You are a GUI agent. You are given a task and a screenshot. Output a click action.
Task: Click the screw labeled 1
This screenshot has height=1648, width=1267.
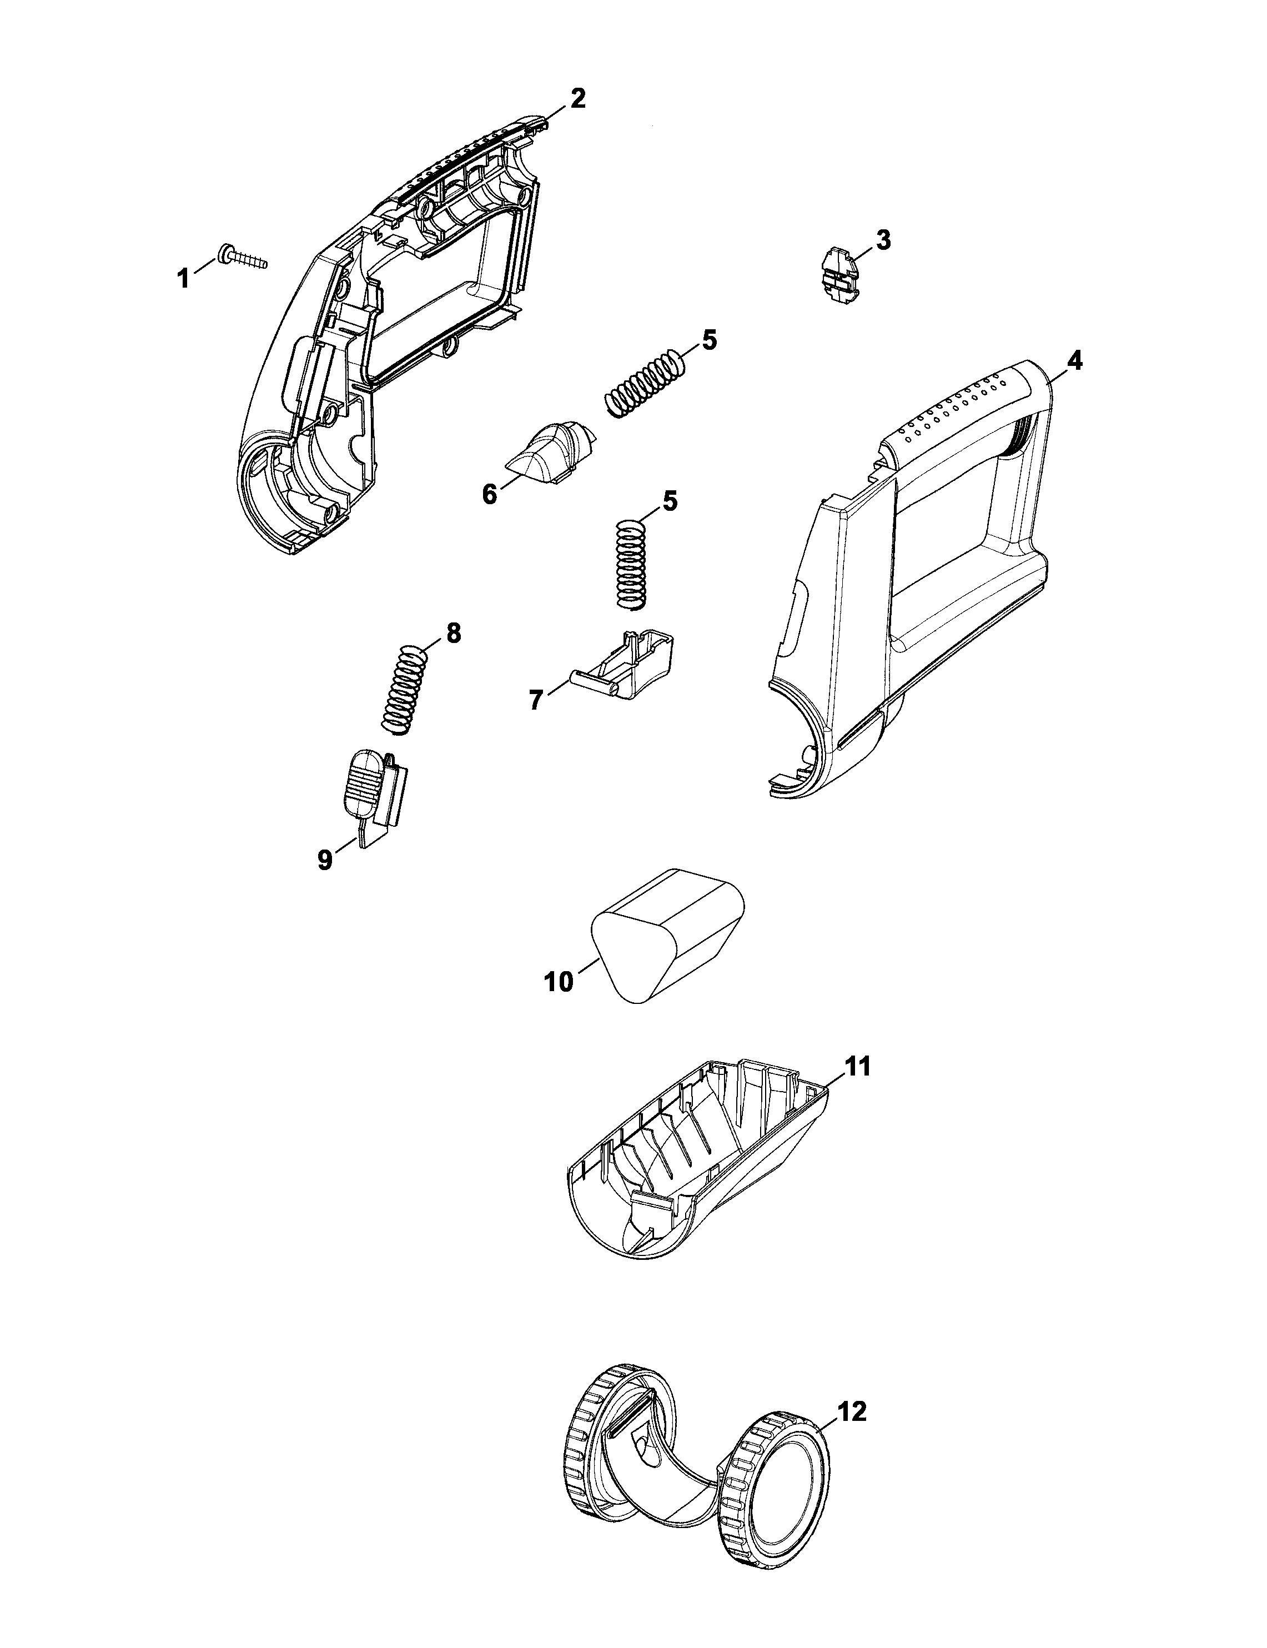click(x=243, y=257)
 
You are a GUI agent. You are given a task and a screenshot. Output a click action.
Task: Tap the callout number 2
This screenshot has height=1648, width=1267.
click(x=577, y=99)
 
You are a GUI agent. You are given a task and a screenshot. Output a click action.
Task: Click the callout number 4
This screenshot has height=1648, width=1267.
click(x=1075, y=361)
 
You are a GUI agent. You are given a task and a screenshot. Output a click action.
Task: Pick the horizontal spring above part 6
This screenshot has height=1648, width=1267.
click(x=647, y=383)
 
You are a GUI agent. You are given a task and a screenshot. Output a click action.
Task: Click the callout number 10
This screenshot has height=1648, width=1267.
click(x=559, y=983)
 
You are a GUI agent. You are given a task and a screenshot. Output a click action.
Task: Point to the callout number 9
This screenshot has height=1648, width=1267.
click(x=325, y=860)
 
